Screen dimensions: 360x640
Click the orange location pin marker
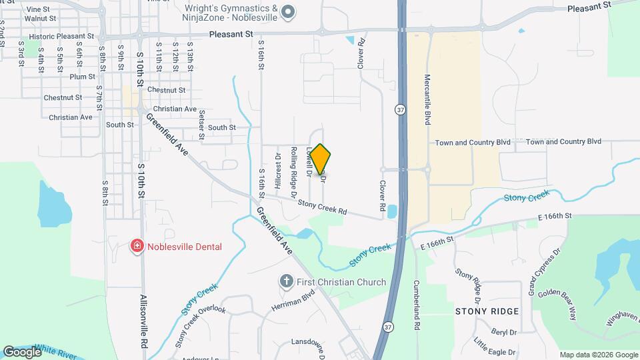tap(321, 159)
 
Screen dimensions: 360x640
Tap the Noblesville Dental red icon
tap(137, 247)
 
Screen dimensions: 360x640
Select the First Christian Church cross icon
tap(287, 281)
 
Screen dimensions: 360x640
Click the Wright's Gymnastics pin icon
tap(288, 11)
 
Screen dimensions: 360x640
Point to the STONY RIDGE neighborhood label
tap(487, 311)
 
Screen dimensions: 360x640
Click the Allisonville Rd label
tap(143, 323)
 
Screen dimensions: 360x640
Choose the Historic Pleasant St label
tap(60, 36)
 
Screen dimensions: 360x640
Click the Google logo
tap(22, 351)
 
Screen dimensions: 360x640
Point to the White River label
tap(60, 351)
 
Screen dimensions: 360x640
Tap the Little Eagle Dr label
tap(495, 347)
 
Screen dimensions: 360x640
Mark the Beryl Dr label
tap(504, 331)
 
